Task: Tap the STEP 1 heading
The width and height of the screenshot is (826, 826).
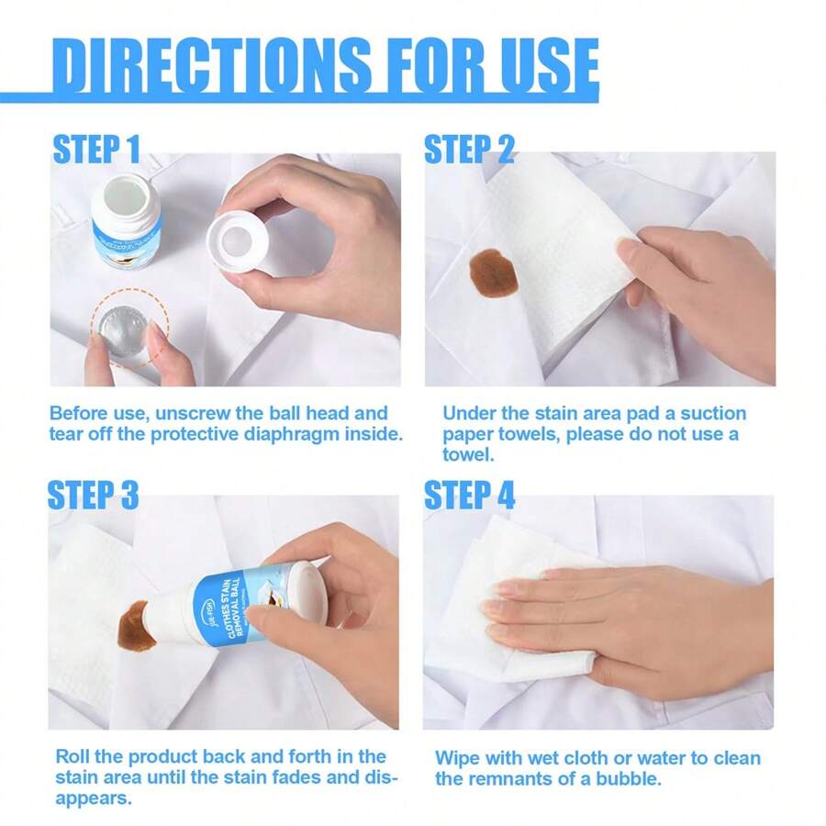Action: (x=96, y=149)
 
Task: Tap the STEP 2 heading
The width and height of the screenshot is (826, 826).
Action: (x=469, y=149)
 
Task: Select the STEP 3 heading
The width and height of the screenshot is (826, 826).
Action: (x=93, y=495)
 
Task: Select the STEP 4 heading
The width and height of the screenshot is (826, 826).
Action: (x=469, y=495)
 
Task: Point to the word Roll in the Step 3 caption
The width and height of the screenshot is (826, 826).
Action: (x=73, y=756)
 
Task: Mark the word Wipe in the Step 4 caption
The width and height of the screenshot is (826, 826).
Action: (x=455, y=758)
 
